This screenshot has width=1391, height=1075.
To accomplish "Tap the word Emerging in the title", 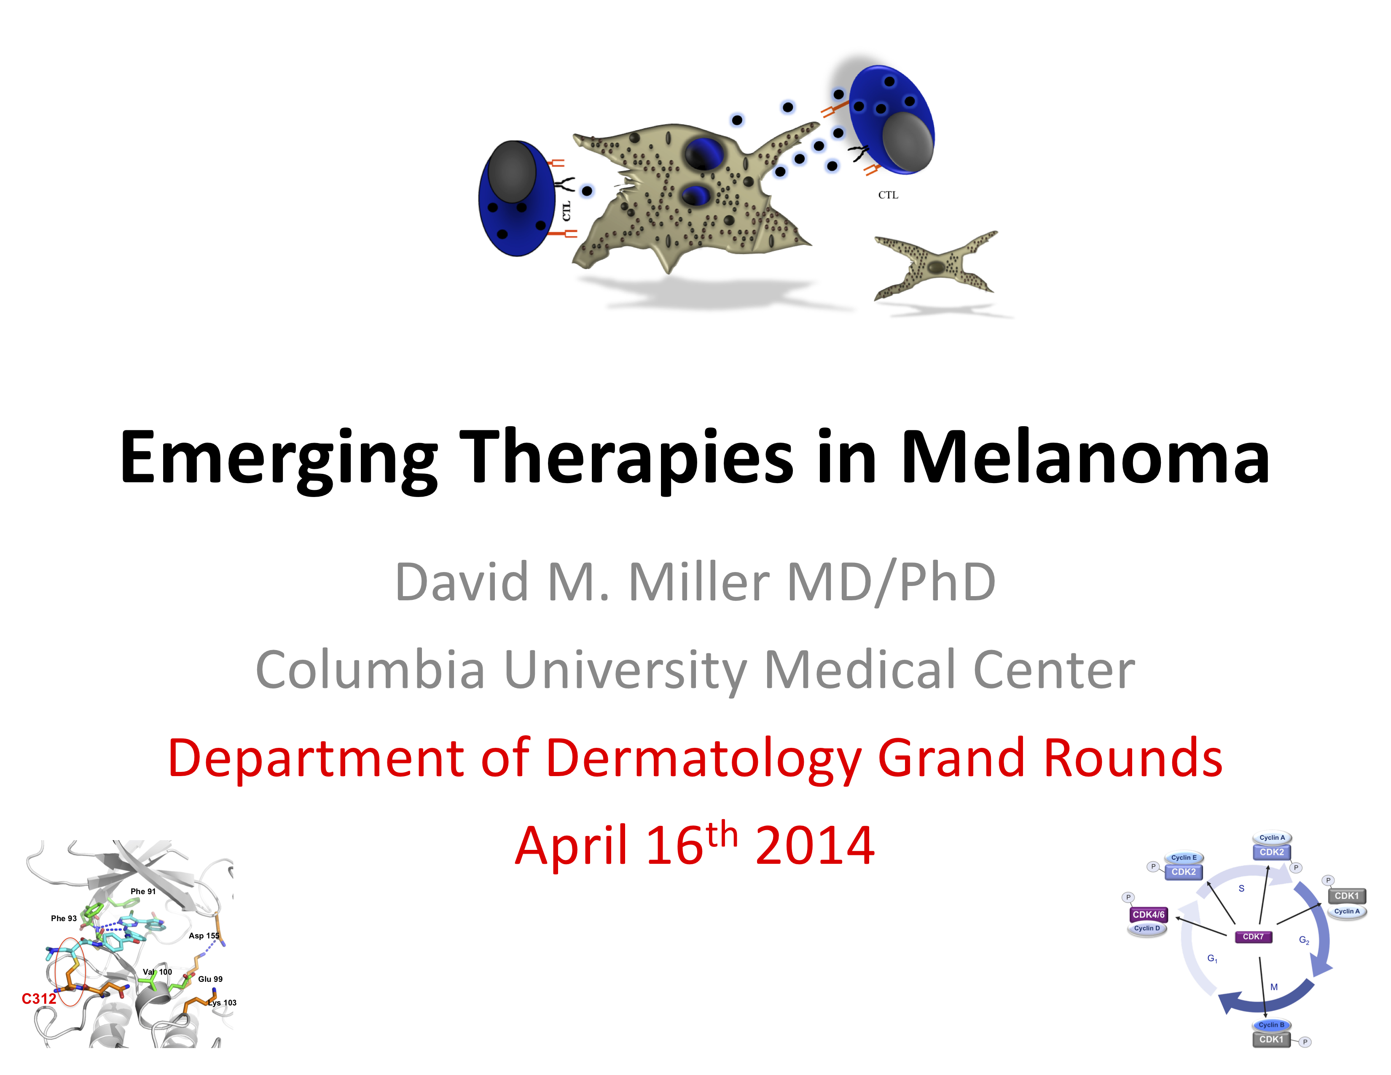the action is (279, 460).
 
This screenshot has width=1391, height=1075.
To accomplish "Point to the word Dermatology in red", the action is (704, 759).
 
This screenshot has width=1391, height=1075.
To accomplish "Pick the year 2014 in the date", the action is (815, 845).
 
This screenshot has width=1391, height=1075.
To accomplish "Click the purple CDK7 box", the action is (1253, 937).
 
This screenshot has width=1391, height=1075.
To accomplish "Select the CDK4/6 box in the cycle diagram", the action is (1148, 914).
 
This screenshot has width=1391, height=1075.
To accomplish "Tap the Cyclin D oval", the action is (1147, 929).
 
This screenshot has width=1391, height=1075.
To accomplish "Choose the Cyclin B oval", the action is (1271, 1025).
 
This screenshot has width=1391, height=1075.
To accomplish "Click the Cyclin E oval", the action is (1183, 858).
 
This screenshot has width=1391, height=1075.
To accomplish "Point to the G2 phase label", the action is (1304, 941).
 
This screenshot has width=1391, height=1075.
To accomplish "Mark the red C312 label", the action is (39, 999).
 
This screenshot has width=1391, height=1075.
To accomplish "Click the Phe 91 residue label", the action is (142, 892).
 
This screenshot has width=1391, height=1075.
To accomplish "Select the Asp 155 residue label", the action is (204, 935).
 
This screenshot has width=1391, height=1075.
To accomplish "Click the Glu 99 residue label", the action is (210, 979).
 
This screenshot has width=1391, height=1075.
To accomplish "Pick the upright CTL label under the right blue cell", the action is (888, 195).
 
